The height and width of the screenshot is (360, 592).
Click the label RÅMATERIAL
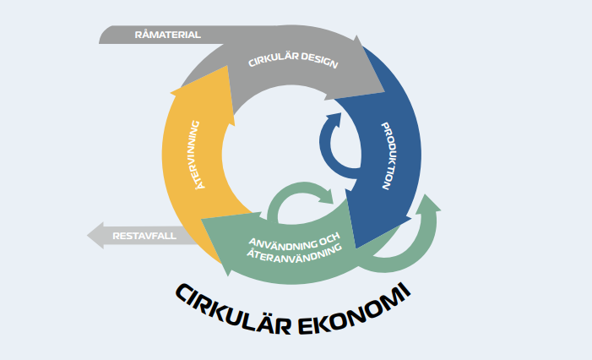(167, 35)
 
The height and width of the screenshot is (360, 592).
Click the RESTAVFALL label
(144, 236)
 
